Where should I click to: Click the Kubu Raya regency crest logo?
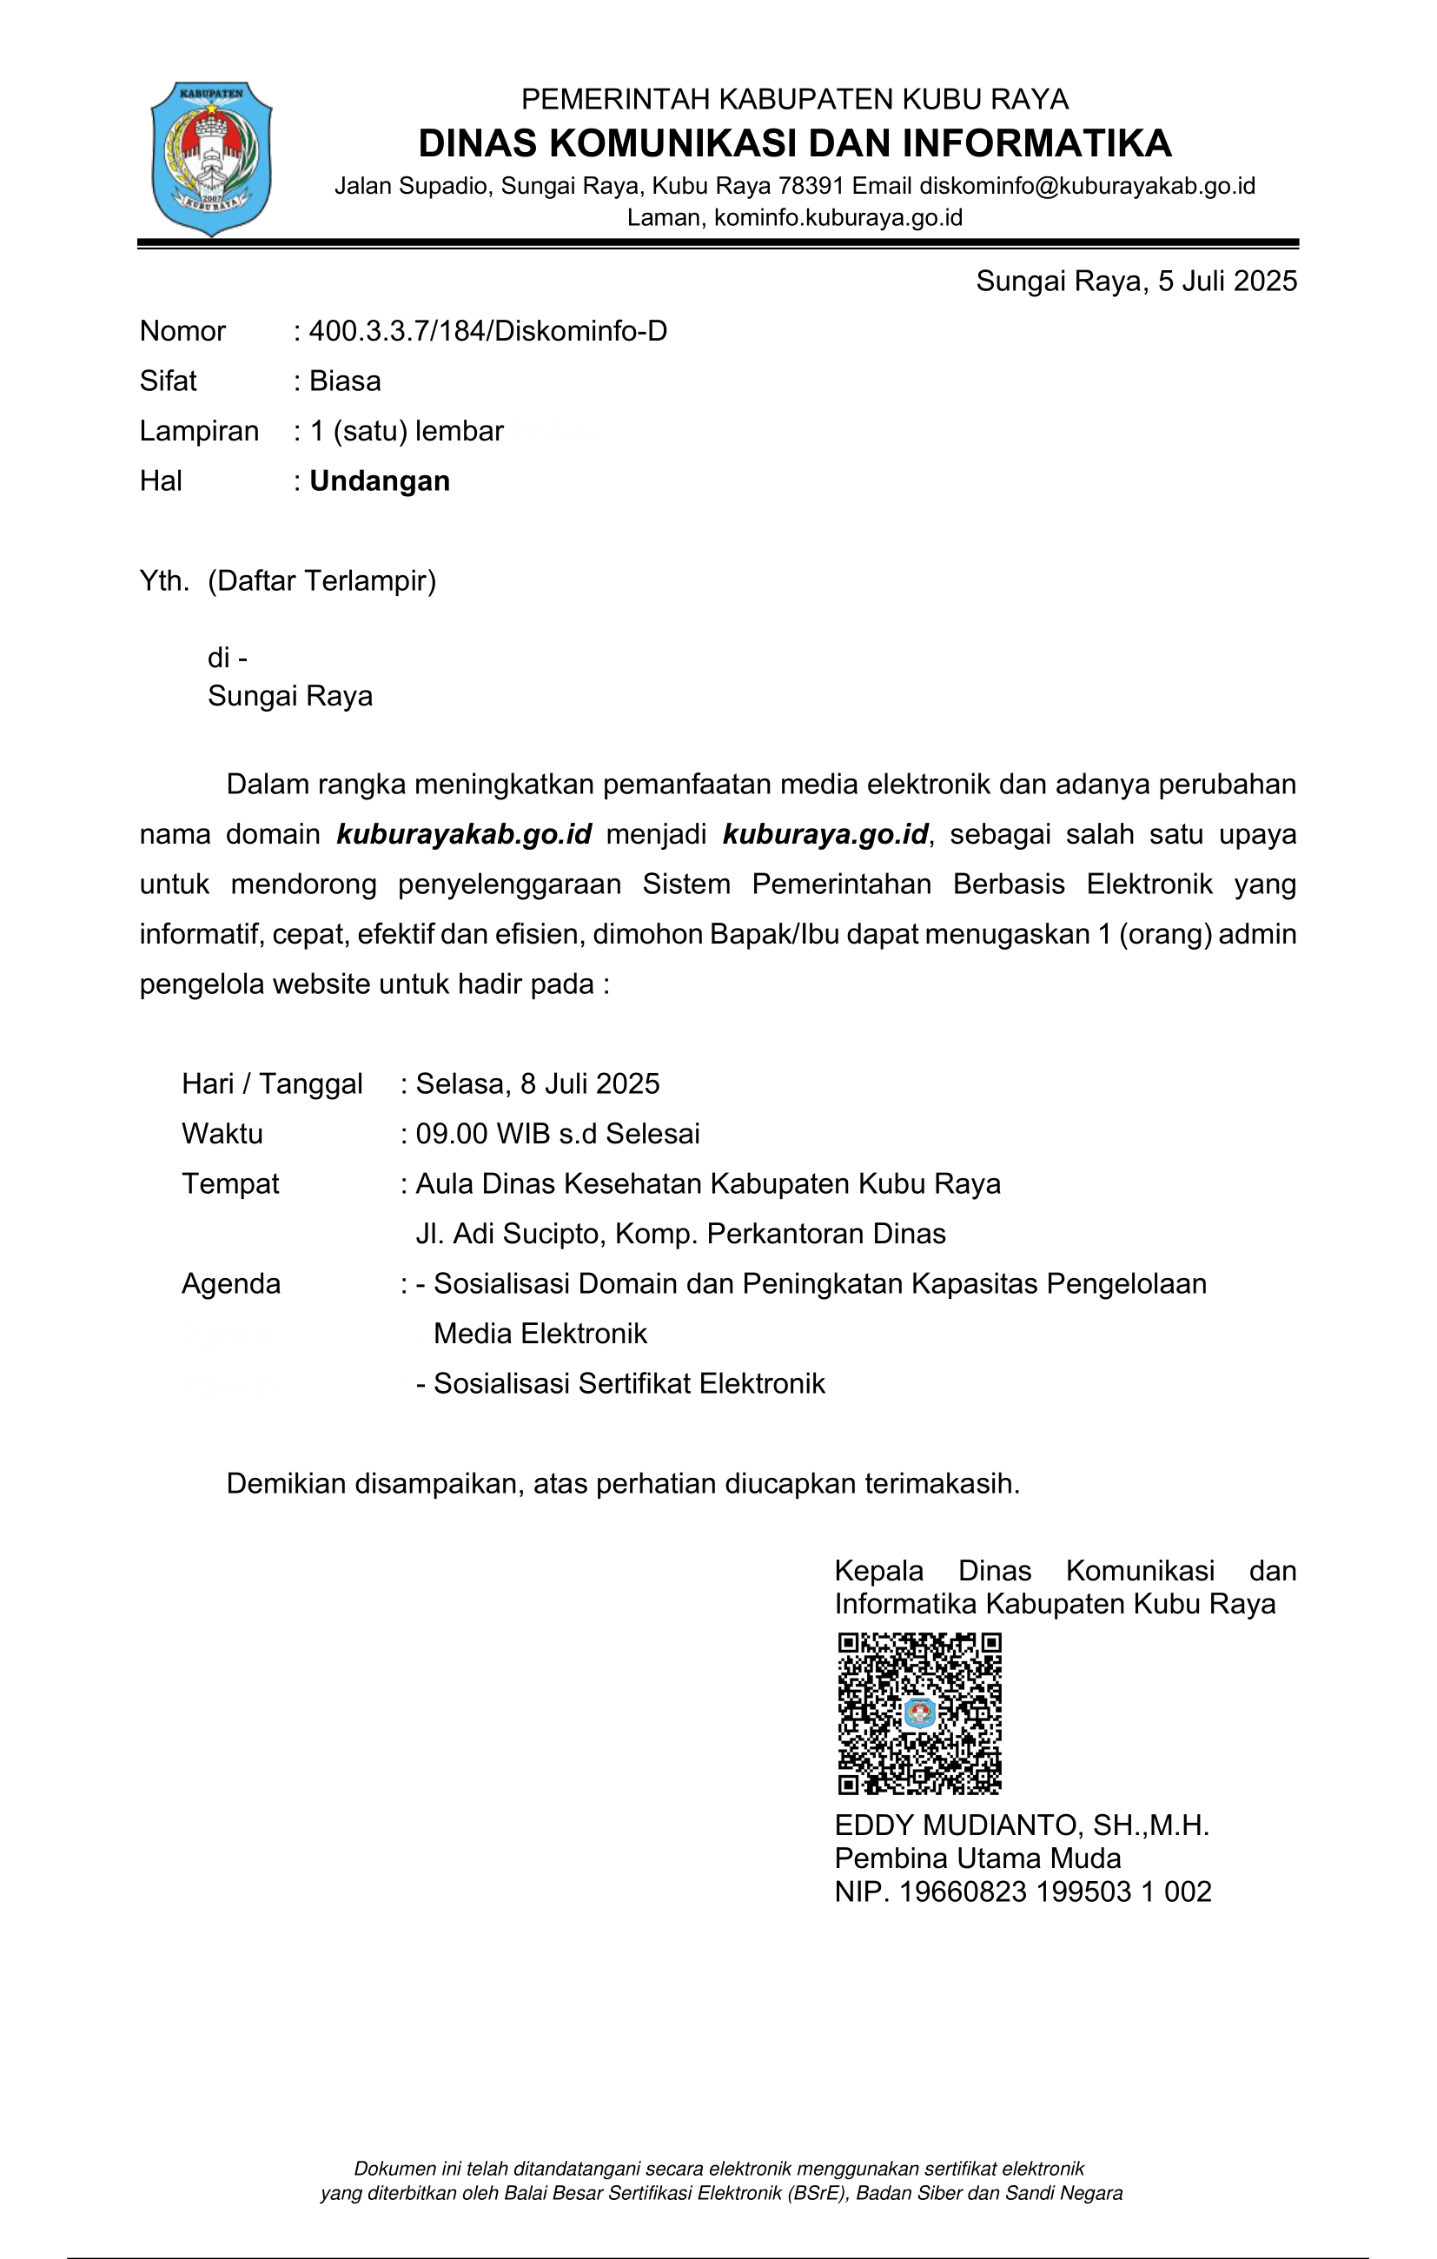pos(212,157)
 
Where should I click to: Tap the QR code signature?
pos(919,1713)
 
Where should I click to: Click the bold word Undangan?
pos(380,481)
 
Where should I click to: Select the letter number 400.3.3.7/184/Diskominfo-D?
pos(487,331)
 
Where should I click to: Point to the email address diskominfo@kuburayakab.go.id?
pos(1086,186)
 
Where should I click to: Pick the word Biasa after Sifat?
pos(345,381)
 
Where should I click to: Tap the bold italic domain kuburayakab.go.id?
pos(464,834)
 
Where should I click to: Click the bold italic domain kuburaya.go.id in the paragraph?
pos(825,834)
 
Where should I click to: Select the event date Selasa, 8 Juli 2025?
pos(538,1083)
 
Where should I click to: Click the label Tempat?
pos(231,1184)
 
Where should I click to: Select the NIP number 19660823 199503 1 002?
pos(1055,1891)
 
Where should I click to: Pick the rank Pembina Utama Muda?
pos(977,1858)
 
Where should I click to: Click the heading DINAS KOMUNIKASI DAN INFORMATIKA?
pos(794,143)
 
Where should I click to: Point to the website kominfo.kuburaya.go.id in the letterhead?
pos(838,217)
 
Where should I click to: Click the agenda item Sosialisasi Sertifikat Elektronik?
pos(628,1384)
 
